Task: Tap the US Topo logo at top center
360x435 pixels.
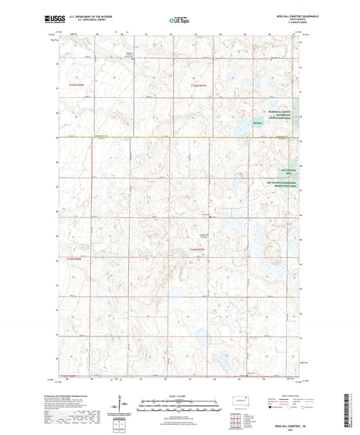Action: tap(178, 20)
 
